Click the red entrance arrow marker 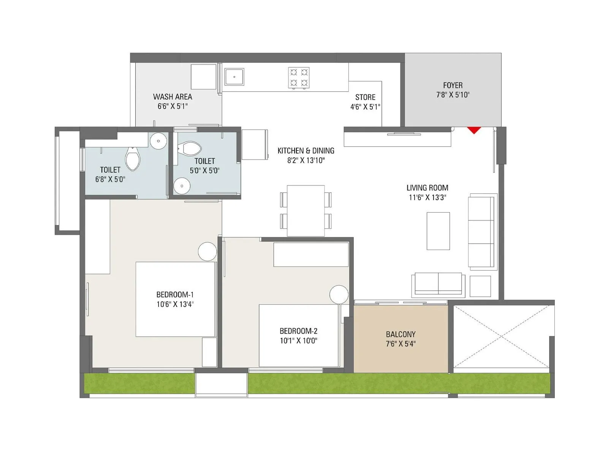pos(474,130)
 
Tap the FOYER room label pos(453,85)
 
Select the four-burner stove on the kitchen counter pos(299,78)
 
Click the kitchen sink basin pos(234,77)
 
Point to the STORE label pos(365,97)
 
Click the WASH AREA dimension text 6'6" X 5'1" pos(173,106)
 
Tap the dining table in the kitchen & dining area pos(306,211)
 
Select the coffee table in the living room pos(438,231)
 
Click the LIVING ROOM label pos(427,188)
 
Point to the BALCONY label pos(401,334)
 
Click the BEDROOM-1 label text pos(175,294)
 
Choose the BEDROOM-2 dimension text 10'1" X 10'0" pos(298,341)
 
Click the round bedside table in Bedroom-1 pos(207,252)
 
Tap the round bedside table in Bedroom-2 pos(339,294)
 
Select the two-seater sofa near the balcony pos(438,283)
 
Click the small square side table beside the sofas pos(480,286)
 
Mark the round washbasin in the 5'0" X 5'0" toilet pos(182,186)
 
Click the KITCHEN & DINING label pos(306,151)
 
